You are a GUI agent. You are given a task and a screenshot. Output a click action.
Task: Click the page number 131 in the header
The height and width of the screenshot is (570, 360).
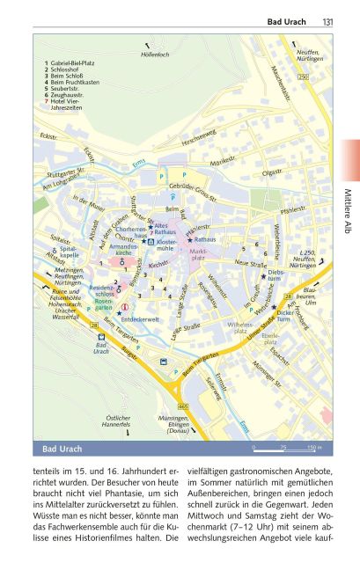point(327,21)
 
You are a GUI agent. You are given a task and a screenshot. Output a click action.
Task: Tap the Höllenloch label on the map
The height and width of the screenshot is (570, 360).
point(154,55)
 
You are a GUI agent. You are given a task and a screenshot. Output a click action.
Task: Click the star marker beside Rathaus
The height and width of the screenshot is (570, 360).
point(189,239)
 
